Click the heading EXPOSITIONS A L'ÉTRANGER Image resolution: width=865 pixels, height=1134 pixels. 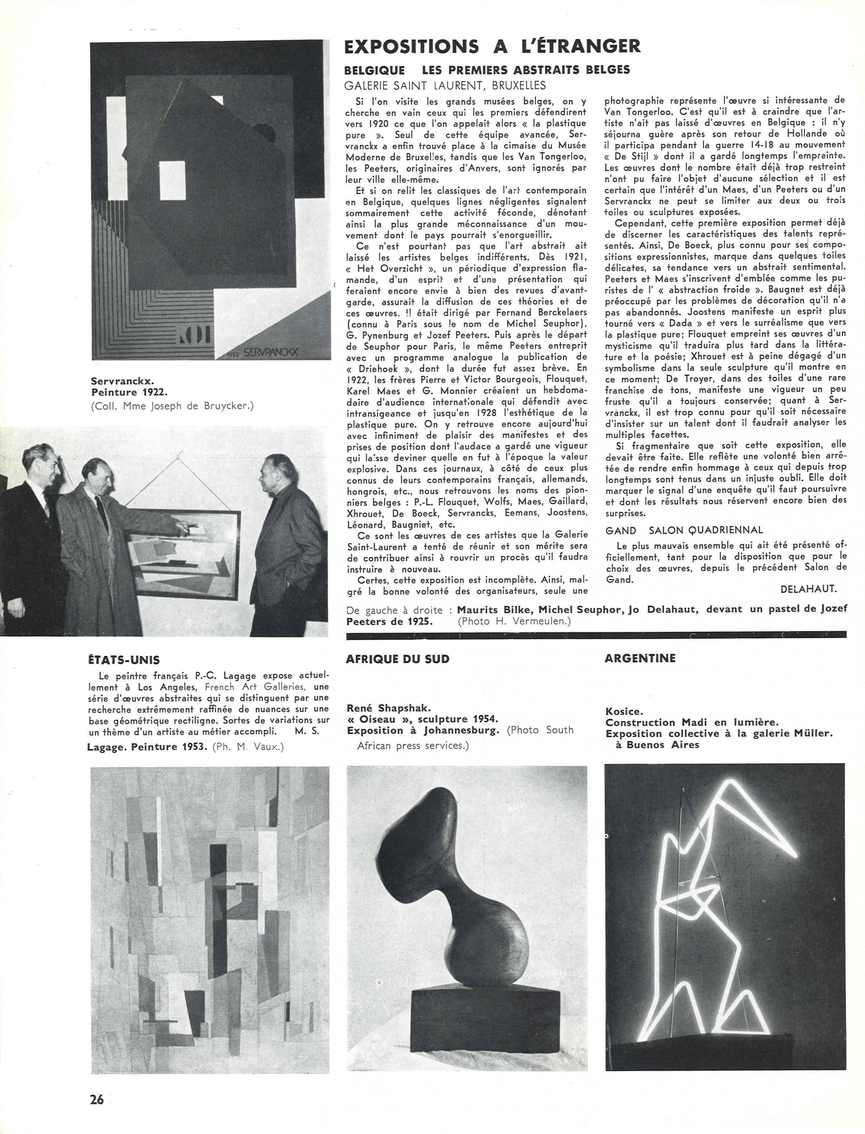[x=493, y=47]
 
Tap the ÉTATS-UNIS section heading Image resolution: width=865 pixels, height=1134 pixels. [x=124, y=660]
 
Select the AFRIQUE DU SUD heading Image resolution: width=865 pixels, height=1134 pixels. [x=398, y=659]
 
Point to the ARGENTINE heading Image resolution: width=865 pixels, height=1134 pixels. [x=641, y=658]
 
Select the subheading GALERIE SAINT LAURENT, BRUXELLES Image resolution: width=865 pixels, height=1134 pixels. [x=445, y=85]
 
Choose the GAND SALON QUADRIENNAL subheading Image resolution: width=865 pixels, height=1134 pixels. [x=684, y=530]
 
